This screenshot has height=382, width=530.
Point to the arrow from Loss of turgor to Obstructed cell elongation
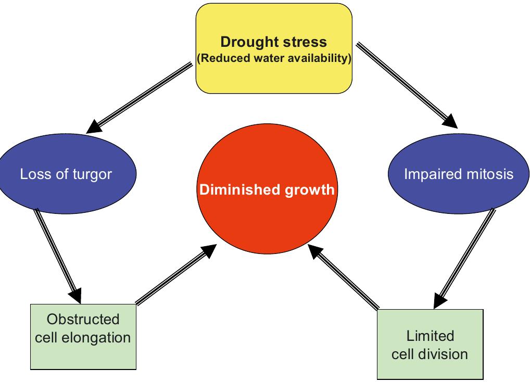[58, 256]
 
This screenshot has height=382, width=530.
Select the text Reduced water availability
[274, 58]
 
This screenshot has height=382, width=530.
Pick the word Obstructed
[83, 319]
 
